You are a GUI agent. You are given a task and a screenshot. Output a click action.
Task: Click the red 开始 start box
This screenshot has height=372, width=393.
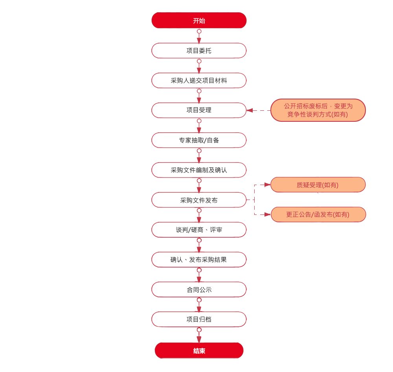(x=199, y=21)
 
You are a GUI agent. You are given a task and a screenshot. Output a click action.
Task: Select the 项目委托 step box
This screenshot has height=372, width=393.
(x=199, y=51)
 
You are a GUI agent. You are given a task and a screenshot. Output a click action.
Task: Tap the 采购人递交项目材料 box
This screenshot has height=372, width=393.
(x=199, y=81)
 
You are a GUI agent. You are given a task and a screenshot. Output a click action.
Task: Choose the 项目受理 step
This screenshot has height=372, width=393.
(x=199, y=110)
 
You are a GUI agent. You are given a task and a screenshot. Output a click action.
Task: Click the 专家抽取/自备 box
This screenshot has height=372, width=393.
(x=199, y=140)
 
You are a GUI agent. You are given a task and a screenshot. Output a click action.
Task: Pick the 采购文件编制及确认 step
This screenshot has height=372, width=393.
(x=199, y=170)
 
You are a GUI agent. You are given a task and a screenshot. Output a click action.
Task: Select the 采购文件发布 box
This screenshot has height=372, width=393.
(x=199, y=200)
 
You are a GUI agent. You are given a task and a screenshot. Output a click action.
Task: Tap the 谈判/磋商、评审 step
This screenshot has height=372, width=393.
(x=199, y=230)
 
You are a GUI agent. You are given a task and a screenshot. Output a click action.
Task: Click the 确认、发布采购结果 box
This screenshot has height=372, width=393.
(x=199, y=260)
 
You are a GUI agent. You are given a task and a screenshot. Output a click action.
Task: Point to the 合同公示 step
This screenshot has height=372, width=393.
(x=199, y=290)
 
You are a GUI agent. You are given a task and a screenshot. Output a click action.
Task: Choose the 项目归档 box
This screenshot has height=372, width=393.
(x=199, y=319)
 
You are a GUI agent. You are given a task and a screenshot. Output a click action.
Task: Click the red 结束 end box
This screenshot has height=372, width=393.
(x=199, y=351)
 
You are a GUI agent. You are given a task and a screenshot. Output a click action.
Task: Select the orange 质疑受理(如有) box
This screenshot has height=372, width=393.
(x=318, y=185)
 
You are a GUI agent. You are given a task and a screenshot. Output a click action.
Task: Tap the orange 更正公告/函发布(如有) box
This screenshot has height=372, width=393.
(x=318, y=214)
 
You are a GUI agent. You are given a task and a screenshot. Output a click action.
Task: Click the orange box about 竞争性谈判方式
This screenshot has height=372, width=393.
(x=318, y=110)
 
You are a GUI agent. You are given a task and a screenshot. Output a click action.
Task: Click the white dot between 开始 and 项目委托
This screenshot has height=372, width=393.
(x=199, y=31)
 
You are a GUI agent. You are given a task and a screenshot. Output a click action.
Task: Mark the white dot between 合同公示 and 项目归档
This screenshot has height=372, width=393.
(x=199, y=300)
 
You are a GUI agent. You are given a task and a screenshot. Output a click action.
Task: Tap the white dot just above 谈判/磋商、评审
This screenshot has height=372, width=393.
(x=199, y=211)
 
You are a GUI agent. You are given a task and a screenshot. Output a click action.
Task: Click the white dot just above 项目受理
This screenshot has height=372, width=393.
(x=199, y=91)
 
